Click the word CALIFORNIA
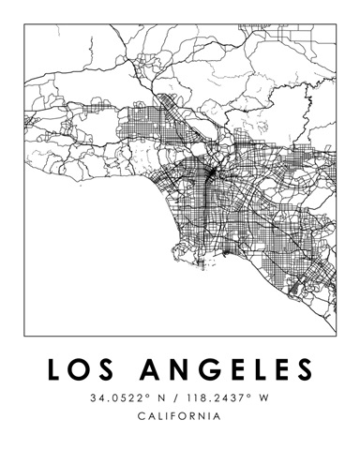click(179, 415)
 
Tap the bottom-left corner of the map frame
click(25, 335)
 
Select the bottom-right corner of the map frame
click(335, 335)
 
